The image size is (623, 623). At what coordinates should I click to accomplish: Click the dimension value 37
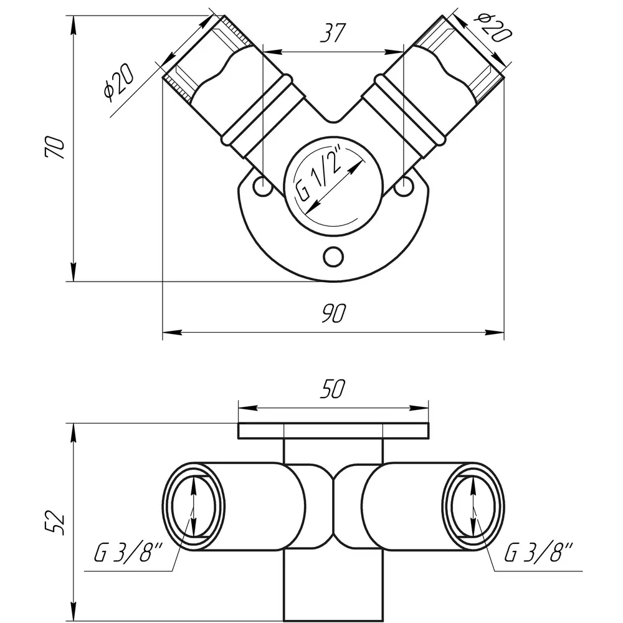pos(333,32)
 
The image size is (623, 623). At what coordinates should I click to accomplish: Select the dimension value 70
pos(54,148)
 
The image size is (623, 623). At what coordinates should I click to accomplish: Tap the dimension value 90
pos(334,313)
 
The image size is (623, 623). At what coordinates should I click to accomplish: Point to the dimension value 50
pos(333,389)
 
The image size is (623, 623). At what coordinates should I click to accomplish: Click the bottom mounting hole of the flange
pos(333,257)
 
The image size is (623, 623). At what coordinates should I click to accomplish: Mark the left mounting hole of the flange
pos(263,185)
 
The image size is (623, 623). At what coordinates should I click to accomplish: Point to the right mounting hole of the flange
pos(404,185)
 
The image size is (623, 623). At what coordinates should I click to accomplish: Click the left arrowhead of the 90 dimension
pos(173,332)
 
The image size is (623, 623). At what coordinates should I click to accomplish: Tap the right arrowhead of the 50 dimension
pos(419,408)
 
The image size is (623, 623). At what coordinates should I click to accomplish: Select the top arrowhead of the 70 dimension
pos(74,25)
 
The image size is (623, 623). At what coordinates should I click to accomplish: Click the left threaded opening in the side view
pos(194,506)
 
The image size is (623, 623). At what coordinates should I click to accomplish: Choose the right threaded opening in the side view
pos(473,506)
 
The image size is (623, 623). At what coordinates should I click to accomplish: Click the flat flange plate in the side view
pos(333,431)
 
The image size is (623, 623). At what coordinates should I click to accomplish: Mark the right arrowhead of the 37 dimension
pos(394,52)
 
